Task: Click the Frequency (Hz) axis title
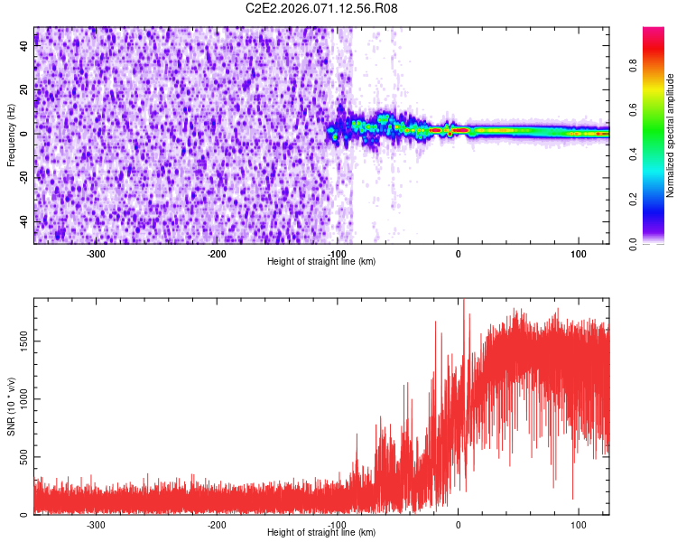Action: tap(11, 135)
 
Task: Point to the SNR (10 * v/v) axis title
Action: tap(11, 406)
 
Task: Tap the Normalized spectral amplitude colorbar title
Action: tap(671, 135)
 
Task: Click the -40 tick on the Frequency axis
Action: tap(22, 221)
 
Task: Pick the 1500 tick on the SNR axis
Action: tap(18, 340)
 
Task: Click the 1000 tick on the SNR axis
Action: tap(18, 398)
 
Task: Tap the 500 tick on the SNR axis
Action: tap(21, 457)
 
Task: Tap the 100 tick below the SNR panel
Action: tap(578, 525)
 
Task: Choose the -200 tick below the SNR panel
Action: tap(216, 525)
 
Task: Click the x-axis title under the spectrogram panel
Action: tap(321, 261)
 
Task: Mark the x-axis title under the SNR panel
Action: tap(321, 533)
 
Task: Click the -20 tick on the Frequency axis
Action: tap(22, 178)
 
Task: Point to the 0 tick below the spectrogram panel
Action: tap(458, 253)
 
